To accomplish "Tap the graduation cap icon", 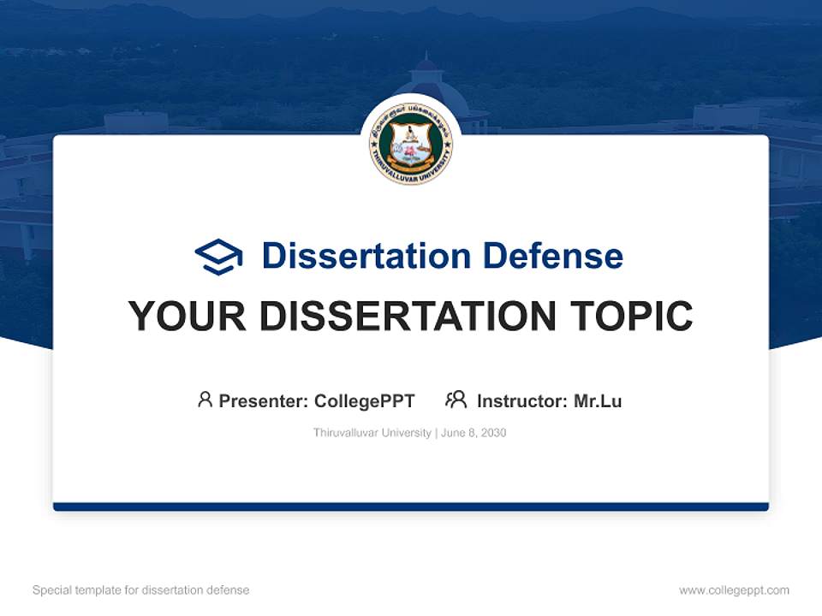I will point(218,257).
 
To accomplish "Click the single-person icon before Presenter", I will point(205,400).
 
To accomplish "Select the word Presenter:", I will point(263,400).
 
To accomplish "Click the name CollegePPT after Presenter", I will point(365,400).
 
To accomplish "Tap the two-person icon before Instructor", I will point(456,400).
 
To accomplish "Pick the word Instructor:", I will point(521,400).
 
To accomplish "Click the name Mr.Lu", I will point(598,400).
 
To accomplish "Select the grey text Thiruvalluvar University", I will point(372,433).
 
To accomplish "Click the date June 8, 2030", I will point(474,433).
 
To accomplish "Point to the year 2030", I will point(493,433).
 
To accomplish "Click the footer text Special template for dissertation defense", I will point(141,590).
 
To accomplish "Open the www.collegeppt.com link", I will point(734,590).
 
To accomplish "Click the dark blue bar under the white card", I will point(411,506).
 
